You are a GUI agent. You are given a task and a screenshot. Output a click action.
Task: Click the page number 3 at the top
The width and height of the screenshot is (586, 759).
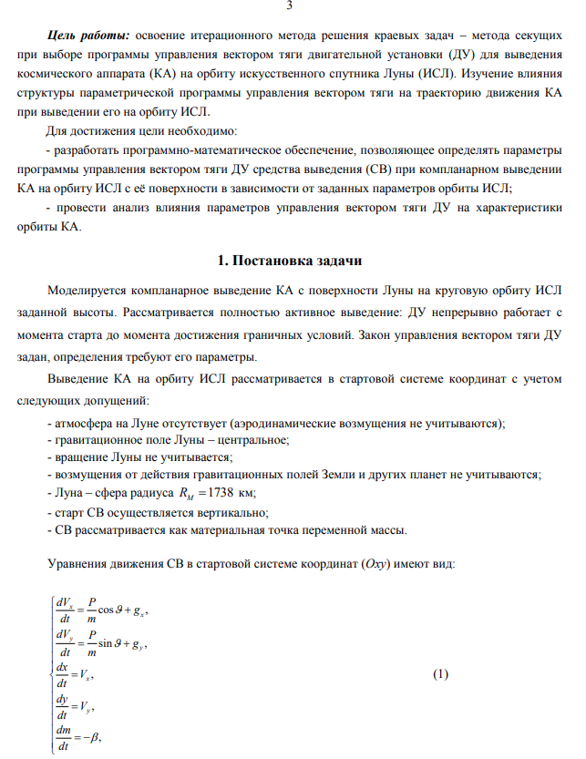pyautogui.click(x=289, y=7)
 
